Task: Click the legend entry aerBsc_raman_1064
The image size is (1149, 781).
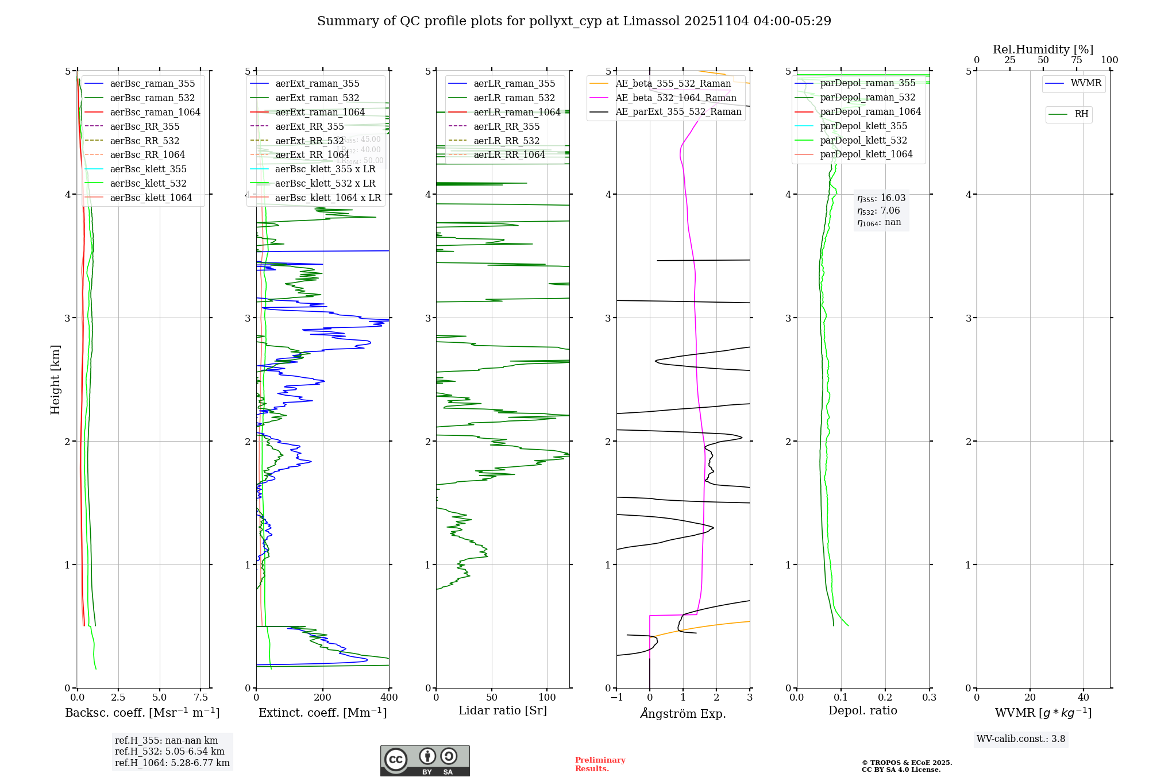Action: (x=155, y=112)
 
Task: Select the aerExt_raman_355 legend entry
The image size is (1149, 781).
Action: (x=317, y=83)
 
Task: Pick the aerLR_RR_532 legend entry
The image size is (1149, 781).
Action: (x=506, y=141)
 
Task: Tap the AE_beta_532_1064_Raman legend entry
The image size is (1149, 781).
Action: (x=676, y=98)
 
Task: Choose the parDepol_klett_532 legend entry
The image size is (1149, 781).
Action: (x=863, y=140)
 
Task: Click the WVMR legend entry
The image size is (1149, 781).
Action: (x=1086, y=83)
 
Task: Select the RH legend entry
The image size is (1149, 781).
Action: (x=1081, y=114)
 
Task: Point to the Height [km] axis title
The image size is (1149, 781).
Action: (x=55, y=380)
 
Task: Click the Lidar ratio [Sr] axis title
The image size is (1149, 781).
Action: (x=503, y=710)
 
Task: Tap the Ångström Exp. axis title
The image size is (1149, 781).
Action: (x=683, y=713)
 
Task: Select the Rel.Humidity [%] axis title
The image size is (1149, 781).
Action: (x=1043, y=49)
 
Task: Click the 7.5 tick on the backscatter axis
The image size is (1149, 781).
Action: (x=201, y=698)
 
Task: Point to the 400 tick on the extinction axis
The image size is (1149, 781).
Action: (x=389, y=698)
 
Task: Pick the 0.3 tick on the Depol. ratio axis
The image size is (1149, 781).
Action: (x=929, y=698)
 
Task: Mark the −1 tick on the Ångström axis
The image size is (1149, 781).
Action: (x=616, y=698)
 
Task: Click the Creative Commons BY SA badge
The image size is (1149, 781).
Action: (x=425, y=760)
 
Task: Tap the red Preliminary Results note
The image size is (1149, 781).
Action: (x=600, y=764)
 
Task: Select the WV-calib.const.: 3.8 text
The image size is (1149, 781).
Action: (x=1021, y=739)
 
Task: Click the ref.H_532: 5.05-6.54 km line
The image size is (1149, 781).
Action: (x=169, y=752)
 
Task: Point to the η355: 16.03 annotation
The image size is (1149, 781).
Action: (x=881, y=198)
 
